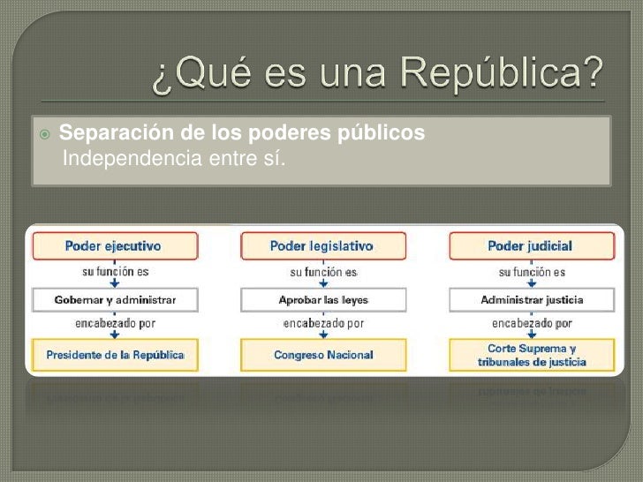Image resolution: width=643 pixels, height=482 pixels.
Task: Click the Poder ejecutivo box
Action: tap(113, 245)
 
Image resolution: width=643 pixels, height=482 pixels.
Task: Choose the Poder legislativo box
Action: tap(321, 245)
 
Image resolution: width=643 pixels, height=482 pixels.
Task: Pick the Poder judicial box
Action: tap(529, 245)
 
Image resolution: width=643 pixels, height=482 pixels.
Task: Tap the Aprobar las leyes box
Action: tap(321, 300)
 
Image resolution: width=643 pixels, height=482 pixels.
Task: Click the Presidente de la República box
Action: tap(113, 355)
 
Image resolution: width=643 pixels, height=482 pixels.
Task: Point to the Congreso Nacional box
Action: tap(321, 355)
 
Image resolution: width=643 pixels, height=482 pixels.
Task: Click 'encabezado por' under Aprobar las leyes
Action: tap(322, 323)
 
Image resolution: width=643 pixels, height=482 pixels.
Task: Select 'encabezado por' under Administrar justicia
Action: tap(531, 323)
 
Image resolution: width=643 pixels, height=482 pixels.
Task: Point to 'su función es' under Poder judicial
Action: tap(531, 271)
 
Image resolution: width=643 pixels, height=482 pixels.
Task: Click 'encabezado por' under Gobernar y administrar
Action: tap(114, 323)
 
